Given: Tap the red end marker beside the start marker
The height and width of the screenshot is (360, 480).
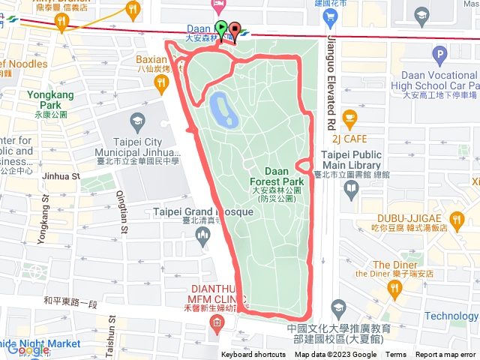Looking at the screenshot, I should tap(234, 31).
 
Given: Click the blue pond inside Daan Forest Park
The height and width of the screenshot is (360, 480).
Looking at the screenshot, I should tap(222, 109).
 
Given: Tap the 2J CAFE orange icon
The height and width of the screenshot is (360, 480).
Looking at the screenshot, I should tap(349, 117).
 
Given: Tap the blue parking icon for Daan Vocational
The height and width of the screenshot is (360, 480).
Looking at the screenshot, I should tap(439, 53).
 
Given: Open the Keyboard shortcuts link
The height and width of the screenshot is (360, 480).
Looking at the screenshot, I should tap(253, 355).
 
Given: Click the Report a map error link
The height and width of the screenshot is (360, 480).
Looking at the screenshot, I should tap(445, 355).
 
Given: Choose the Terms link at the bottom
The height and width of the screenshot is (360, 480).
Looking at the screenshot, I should tap(396, 355).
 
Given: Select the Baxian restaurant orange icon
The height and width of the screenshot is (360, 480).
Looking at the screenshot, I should tap(161, 85).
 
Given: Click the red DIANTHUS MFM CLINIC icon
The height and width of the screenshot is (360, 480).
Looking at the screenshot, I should tap(217, 324).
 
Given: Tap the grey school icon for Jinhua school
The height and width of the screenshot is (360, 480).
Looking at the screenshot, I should tap(137, 121).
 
